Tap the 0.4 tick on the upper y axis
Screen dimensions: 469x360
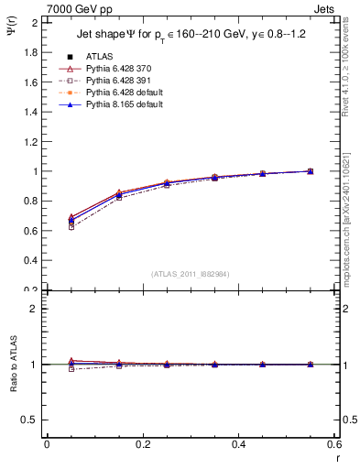pos(30,260)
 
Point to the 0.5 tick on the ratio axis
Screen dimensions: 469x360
pos(30,420)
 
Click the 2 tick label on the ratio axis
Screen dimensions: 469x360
pos(35,309)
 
